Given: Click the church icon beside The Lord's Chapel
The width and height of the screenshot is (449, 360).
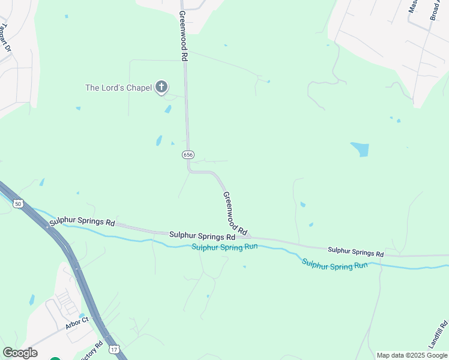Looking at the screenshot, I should click(161, 88).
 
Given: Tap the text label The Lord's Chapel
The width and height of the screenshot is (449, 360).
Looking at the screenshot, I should click(118, 88).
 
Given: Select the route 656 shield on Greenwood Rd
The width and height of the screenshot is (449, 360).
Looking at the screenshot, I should click(188, 155).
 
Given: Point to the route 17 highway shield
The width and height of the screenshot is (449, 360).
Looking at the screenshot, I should click(113, 349).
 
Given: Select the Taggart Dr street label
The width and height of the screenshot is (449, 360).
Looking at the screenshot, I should click(7, 37).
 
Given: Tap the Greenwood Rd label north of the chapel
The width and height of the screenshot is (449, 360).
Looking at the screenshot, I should click(183, 35).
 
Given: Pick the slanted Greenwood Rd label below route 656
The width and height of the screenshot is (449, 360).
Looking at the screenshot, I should click(235, 213).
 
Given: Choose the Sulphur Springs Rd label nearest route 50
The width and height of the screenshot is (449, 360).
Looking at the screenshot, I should click(82, 222).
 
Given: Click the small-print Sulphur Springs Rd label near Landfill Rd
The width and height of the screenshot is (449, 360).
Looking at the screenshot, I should click(355, 251).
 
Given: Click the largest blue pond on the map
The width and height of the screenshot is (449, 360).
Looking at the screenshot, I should click(360, 149).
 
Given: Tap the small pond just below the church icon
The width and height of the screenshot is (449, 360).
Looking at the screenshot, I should click(168, 109).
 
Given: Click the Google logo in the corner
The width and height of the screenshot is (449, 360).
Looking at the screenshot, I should click(20, 353).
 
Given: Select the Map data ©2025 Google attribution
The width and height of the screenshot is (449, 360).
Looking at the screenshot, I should click(412, 355).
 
